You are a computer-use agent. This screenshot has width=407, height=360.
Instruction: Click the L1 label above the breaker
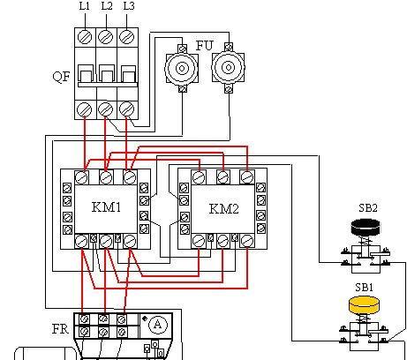click(85, 6)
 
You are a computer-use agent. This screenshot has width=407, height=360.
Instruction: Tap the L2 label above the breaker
click(107, 6)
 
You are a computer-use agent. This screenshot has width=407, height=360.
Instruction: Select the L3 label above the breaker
click(129, 6)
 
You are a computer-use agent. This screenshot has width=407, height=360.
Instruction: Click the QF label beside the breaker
click(62, 77)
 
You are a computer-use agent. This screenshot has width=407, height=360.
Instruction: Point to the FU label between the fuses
click(204, 46)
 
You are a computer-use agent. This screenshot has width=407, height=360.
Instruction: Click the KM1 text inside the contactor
click(106, 207)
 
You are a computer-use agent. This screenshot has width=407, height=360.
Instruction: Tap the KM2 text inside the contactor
click(224, 208)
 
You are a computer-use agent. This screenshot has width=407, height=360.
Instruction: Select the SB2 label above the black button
click(368, 208)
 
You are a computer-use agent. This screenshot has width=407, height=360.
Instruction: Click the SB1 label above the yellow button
click(364, 287)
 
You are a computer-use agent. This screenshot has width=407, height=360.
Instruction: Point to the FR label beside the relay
click(60, 329)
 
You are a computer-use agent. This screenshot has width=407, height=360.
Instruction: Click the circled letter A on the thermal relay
click(158, 325)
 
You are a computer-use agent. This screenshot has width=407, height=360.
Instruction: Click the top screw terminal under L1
click(85, 37)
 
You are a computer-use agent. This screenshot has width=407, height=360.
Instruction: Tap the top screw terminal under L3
click(127, 37)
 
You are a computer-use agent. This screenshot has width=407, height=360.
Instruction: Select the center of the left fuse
click(182, 69)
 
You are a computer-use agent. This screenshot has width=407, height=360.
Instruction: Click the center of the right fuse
click(229, 68)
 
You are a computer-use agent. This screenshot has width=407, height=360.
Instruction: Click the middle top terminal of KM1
click(106, 177)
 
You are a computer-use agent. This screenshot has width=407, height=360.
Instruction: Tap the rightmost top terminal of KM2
click(247, 177)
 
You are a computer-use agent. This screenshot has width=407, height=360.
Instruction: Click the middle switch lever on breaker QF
click(106, 74)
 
